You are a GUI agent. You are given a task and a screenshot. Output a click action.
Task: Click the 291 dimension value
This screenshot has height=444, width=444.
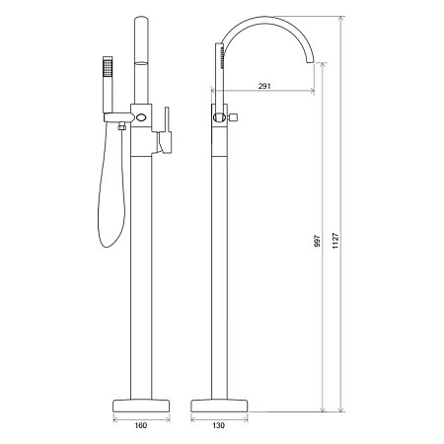tap(264, 86)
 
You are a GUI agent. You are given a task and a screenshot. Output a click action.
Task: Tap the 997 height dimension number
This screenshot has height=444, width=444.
tap(317, 241)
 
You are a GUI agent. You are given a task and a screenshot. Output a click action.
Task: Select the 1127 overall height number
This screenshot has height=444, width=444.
tap(335, 241)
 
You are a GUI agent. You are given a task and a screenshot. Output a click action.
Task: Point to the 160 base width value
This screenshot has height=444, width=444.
tap(140, 425)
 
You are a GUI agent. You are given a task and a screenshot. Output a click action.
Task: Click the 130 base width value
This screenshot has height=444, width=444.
tap(218, 425)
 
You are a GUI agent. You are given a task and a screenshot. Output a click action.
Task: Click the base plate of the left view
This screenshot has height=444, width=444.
tap(141, 406)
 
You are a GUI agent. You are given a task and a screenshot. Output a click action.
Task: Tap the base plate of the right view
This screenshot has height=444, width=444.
tap(219, 406)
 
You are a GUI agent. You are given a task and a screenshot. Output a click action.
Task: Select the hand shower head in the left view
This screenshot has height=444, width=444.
tap(108, 67)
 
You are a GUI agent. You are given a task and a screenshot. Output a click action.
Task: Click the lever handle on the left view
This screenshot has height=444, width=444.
tap(167, 130)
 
